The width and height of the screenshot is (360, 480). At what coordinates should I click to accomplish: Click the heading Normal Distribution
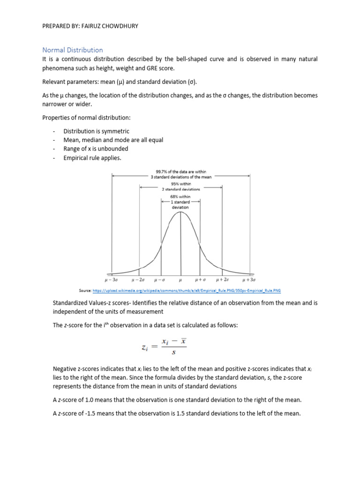click(x=73, y=50)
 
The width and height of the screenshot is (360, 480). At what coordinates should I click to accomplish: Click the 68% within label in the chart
click(x=181, y=197)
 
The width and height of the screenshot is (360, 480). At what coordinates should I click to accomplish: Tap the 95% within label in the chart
click(x=181, y=184)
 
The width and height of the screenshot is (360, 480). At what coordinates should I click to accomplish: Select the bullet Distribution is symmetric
click(x=96, y=131)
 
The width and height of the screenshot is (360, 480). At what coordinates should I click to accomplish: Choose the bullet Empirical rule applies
click(x=92, y=158)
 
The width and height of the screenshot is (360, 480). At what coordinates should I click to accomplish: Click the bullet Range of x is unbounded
click(x=96, y=149)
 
